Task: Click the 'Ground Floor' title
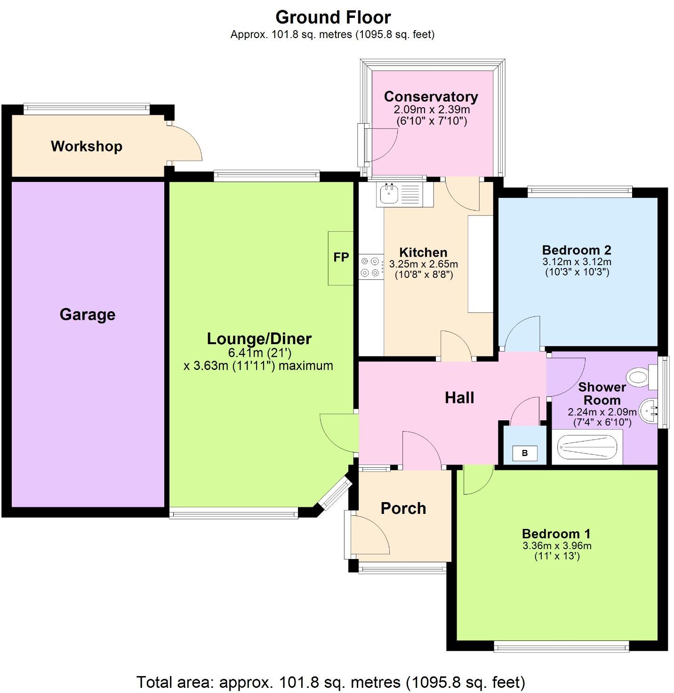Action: tap(333, 17)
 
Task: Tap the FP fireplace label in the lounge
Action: tap(341, 257)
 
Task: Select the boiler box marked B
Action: tap(525, 453)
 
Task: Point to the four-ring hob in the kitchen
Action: tap(371, 267)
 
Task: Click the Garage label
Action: tap(88, 314)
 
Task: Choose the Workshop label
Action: tap(87, 146)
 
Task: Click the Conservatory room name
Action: tap(431, 96)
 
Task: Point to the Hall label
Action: tap(459, 398)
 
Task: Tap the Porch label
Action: tap(403, 508)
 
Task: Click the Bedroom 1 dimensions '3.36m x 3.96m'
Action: tap(557, 546)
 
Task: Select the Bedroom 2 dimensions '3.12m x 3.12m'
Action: tap(577, 262)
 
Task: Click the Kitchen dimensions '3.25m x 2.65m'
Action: tap(424, 264)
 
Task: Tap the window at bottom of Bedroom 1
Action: tap(561, 648)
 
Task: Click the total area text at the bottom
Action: tap(330, 682)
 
